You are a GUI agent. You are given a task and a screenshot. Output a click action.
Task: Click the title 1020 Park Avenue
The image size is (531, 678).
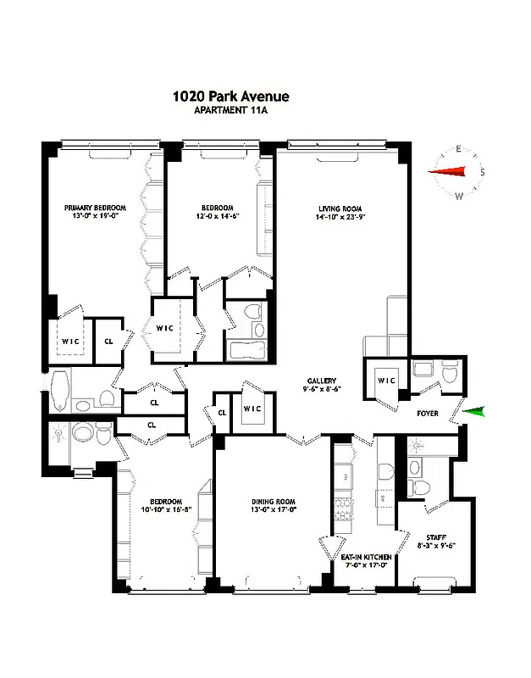(230, 97)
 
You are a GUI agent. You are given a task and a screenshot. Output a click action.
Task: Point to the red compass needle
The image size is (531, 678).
(448, 172)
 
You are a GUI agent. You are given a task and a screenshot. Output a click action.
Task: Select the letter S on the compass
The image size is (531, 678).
(482, 173)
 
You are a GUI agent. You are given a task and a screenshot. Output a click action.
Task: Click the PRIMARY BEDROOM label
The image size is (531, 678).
(96, 208)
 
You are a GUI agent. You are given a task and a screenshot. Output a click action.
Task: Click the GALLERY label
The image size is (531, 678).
(322, 381)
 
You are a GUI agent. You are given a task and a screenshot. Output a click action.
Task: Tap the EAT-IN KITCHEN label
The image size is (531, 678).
(364, 557)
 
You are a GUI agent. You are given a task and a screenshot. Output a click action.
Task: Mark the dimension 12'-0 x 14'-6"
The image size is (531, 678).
(218, 217)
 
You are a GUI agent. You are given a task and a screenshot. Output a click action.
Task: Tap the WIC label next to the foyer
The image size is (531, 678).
(387, 380)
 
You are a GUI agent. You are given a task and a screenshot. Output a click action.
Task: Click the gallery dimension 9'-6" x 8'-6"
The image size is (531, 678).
(322, 390)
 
